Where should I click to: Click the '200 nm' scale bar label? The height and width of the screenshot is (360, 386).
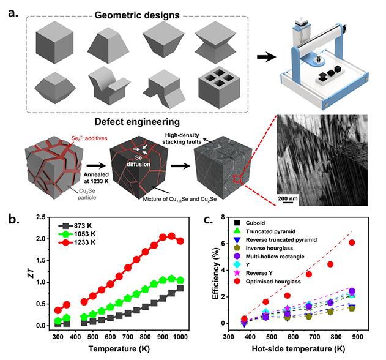click(x=293, y=199)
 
